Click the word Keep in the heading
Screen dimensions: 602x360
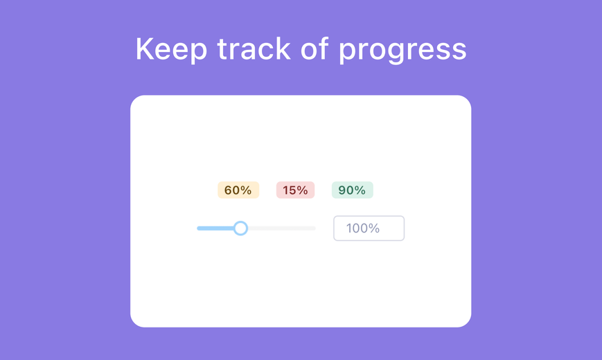click(171, 50)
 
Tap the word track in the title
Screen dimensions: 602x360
click(254, 48)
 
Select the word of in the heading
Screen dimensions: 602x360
click(315, 48)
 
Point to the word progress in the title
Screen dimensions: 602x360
click(402, 51)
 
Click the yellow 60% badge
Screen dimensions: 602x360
click(238, 190)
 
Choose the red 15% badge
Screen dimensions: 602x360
click(295, 190)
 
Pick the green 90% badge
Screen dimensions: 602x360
click(353, 190)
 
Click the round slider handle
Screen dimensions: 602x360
click(240, 228)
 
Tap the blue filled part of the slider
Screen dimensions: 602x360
click(215, 228)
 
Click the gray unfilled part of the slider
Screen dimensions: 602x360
click(282, 228)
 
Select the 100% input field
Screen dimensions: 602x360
click(369, 228)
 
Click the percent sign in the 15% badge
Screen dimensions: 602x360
click(303, 190)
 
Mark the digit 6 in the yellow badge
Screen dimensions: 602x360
click(229, 190)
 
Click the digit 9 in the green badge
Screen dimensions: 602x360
click(342, 190)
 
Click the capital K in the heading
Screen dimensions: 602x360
click(144, 48)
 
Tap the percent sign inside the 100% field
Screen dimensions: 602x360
click(374, 228)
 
